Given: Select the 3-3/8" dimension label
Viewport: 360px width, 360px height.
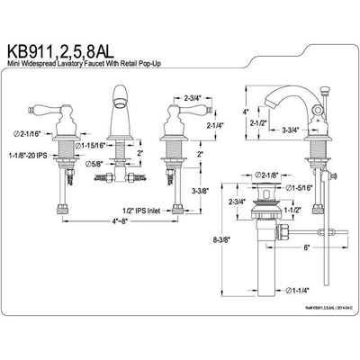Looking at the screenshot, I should [201, 192].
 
